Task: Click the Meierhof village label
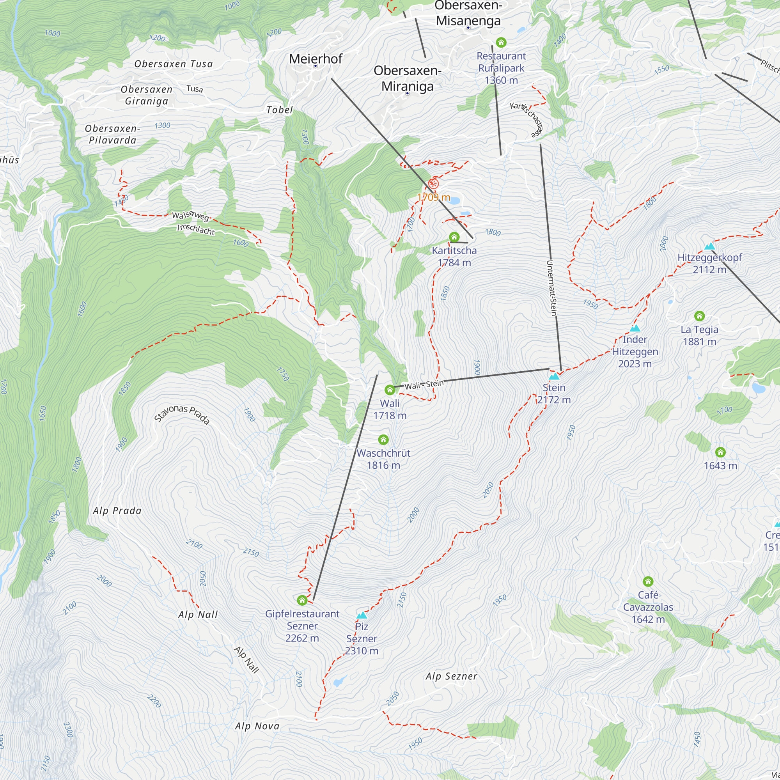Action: click(315, 59)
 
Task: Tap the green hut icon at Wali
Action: click(390, 390)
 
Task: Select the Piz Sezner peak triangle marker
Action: click(362, 615)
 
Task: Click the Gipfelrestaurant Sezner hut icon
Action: click(302, 600)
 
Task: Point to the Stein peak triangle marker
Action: click(554, 376)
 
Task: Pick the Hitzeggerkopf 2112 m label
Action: click(709, 263)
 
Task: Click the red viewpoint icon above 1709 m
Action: click(433, 184)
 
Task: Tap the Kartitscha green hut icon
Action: click(454, 237)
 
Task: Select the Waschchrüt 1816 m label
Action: click(383, 459)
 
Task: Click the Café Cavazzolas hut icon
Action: click(648, 581)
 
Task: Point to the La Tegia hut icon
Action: click(699, 316)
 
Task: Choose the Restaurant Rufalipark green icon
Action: click(501, 43)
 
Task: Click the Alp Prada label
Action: click(117, 511)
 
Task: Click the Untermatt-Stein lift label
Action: click(551, 288)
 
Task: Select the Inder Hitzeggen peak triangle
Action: click(635, 328)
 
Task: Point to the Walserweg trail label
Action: click(190, 216)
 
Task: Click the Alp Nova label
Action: click(257, 726)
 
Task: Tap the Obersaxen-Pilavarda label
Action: click(112, 135)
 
